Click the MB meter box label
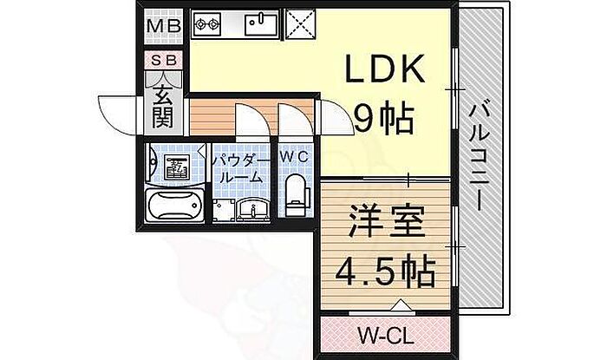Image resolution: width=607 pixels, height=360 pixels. (165, 26)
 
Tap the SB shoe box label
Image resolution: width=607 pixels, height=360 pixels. (164, 61)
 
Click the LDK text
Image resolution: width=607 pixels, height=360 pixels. (384, 69)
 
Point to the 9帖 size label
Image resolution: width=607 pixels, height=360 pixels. (383, 119)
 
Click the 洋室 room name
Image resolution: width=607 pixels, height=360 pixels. (387, 222)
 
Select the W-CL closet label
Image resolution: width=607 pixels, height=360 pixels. (386, 336)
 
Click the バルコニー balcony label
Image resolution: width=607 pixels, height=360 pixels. (480, 159)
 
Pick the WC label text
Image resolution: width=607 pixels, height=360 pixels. (294, 157)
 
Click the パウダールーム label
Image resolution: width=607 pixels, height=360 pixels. (240, 169)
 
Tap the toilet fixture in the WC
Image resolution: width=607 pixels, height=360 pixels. (297, 195)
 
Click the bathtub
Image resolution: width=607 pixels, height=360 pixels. (174, 206)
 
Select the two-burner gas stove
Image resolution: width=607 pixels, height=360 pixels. (206, 24)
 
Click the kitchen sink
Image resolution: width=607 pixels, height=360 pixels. (261, 24)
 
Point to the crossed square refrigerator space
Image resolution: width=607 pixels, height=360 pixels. (301, 24)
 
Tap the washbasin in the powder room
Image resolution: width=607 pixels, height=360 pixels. (253, 210)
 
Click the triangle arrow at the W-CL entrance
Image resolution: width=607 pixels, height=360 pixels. (401, 305)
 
